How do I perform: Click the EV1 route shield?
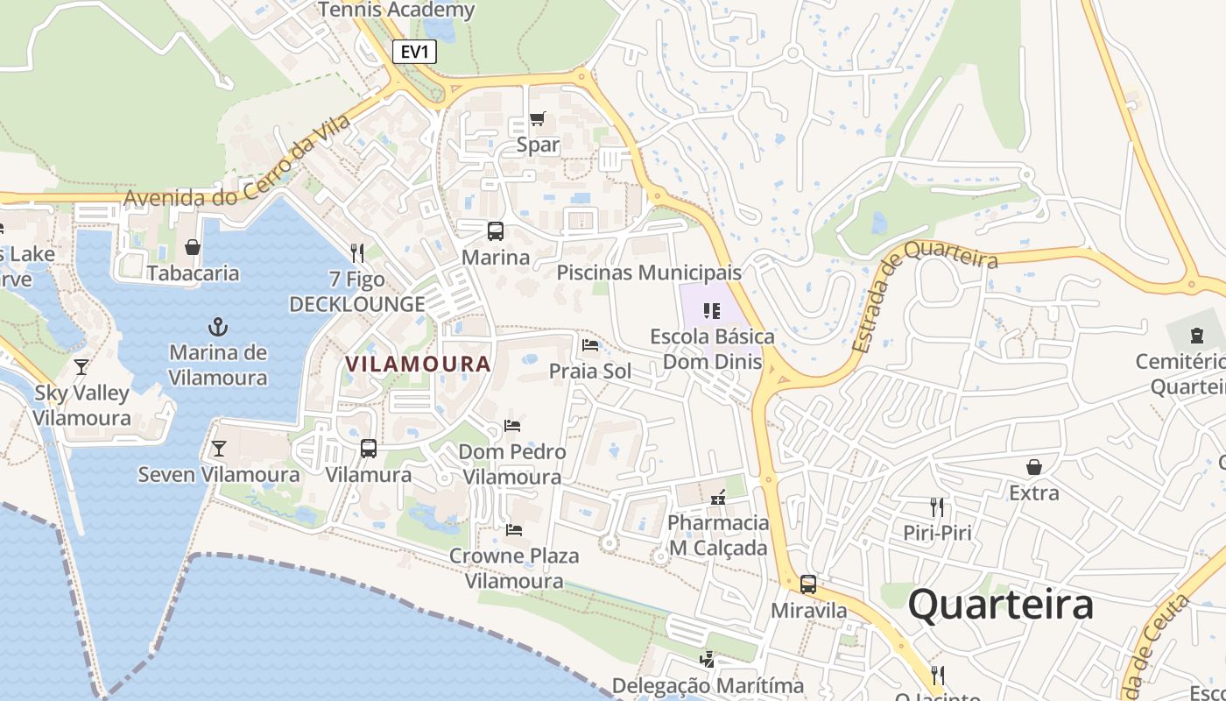[x=413, y=52]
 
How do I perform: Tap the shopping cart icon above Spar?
[x=538, y=119]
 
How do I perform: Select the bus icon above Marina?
[x=496, y=231]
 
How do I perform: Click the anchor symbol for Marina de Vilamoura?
[x=218, y=327]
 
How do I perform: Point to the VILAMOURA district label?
[x=418, y=364]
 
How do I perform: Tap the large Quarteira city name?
[x=1001, y=605]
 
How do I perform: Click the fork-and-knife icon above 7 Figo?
[x=357, y=253]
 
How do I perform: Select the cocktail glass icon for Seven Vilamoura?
[x=219, y=449]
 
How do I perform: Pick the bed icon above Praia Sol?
[x=590, y=345]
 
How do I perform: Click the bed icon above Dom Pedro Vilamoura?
[x=512, y=426]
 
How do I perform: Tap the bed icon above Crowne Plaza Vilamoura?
[x=514, y=530]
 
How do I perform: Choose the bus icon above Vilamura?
[x=369, y=449]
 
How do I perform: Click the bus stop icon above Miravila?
[x=808, y=584]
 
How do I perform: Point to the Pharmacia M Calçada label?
[x=718, y=535]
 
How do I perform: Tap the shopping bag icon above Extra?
[x=1034, y=467]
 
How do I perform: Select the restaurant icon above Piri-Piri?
[x=937, y=506]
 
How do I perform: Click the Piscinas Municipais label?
[x=649, y=273]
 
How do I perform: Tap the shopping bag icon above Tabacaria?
[x=193, y=248]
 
